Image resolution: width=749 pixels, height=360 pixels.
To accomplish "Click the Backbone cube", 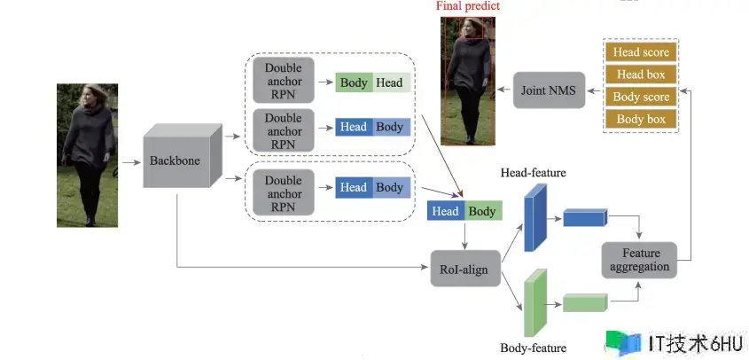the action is pos(182,156).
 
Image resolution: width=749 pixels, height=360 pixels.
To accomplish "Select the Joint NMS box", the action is pos(549,90).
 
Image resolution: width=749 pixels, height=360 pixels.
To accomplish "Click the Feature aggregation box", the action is pos(639,260).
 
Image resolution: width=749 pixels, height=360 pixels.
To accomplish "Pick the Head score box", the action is pos(641,52).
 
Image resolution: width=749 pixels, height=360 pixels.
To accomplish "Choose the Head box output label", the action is pos(641,74).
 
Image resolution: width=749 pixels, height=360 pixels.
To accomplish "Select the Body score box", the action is pos(641,97).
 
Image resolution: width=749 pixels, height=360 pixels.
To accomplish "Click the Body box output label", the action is pos(641,119).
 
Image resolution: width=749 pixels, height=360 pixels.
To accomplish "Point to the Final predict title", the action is pos(468,6).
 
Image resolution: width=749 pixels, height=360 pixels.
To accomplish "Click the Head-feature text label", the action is pos(533,173).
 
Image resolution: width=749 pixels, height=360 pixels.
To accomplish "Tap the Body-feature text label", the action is pos(533,348).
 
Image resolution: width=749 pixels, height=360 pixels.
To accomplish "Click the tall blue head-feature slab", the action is pos(535,218).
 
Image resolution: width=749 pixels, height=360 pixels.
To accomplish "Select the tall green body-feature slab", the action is pos(535,303).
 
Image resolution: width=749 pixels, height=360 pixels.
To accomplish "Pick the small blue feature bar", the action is pos(585,217).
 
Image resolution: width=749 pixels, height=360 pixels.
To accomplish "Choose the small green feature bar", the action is pos(585,302).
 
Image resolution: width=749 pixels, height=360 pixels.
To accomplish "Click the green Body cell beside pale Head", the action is pos(354,82).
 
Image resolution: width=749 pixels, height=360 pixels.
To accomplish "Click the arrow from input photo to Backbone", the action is pos(131,162).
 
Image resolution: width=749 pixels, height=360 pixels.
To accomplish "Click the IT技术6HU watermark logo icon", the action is pos(623,342).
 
